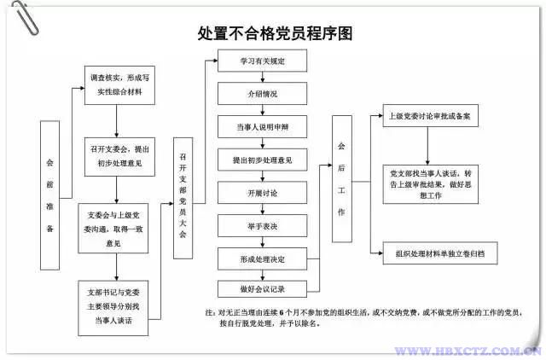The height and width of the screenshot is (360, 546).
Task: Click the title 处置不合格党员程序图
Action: (x=275, y=34)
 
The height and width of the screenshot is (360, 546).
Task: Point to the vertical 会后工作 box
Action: (x=341, y=177)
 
